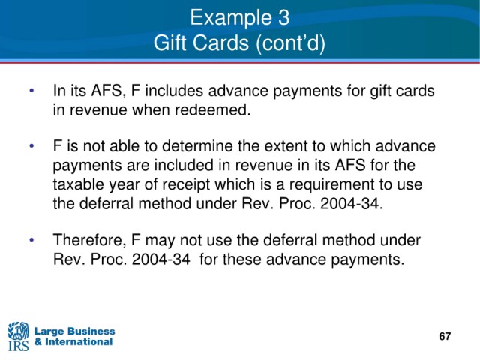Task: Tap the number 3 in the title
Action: (x=283, y=17)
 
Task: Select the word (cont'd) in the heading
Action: (x=290, y=43)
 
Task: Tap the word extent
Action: (x=286, y=146)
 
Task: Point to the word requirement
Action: (x=333, y=185)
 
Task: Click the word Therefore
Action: (x=90, y=240)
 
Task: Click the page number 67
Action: (x=445, y=336)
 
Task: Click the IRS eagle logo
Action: (x=18, y=336)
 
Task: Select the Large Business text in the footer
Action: (x=74, y=331)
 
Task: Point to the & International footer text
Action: (x=73, y=341)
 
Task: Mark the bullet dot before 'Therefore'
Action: (x=31, y=240)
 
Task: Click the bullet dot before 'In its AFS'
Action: (x=31, y=91)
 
